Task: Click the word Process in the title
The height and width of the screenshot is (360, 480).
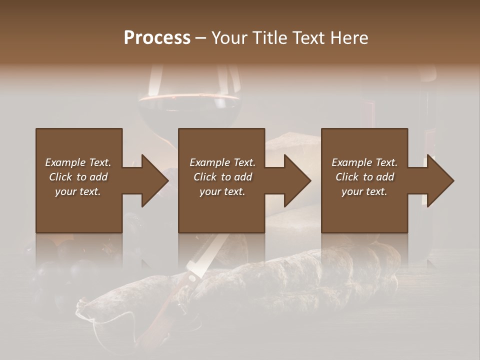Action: coord(157,38)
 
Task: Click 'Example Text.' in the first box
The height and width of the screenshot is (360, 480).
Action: coord(78,162)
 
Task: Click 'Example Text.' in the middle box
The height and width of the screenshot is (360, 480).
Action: coord(222,162)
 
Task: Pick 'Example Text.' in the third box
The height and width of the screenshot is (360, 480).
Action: coord(364,162)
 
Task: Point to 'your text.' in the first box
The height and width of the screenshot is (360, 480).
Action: coord(78,191)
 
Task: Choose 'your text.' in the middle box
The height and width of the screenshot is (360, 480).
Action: coord(222,191)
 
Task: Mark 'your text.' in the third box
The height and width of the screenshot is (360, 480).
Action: coord(364,191)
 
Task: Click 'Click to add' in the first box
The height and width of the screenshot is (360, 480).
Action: coord(78,177)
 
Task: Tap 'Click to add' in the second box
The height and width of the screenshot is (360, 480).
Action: coord(222,177)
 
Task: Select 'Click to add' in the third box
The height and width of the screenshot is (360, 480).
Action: coord(364,177)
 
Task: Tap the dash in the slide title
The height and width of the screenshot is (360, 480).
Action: coord(200,38)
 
